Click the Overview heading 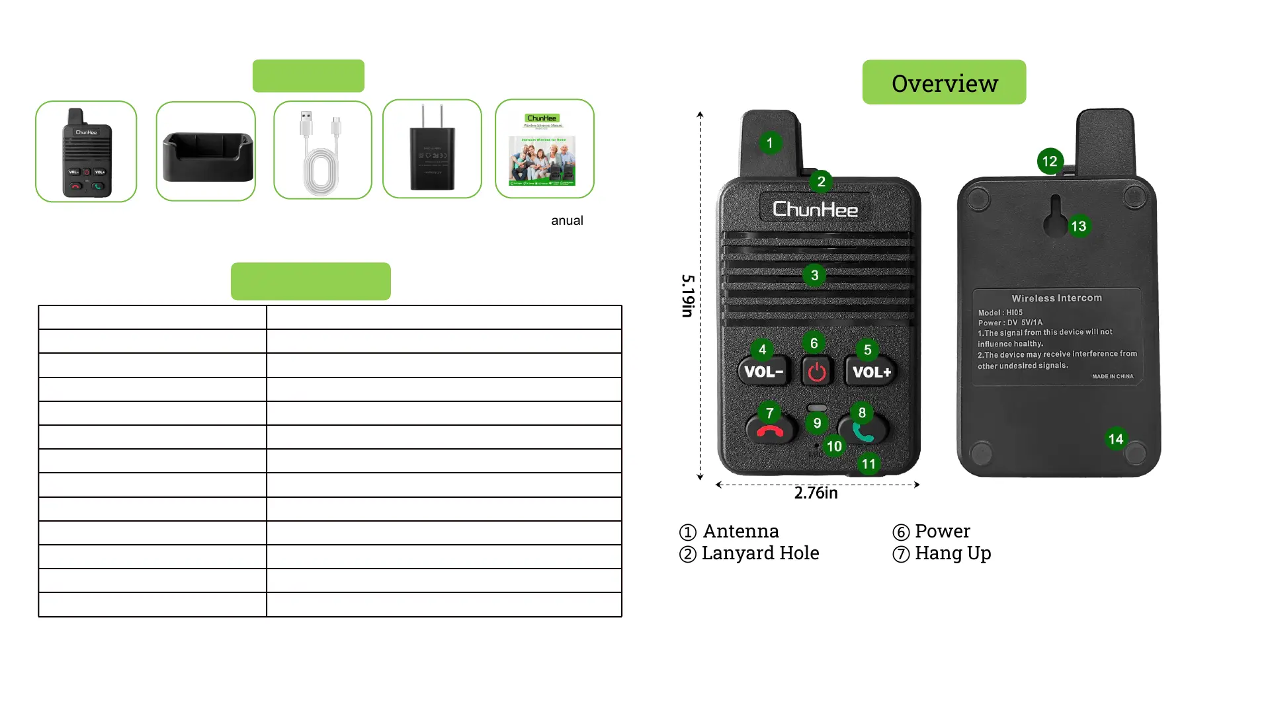click(944, 83)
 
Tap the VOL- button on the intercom click(764, 372)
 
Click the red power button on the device click(817, 372)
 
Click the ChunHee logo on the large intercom click(815, 210)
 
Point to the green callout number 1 click(769, 143)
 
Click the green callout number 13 click(1079, 227)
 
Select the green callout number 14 click(1116, 439)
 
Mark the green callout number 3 click(814, 275)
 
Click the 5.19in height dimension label click(688, 296)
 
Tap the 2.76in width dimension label click(816, 493)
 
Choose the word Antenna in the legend click(741, 532)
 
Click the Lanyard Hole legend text click(760, 553)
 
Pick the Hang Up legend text click(952, 553)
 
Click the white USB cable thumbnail click(323, 151)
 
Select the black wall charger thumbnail click(432, 149)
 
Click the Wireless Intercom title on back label click(1056, 298)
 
